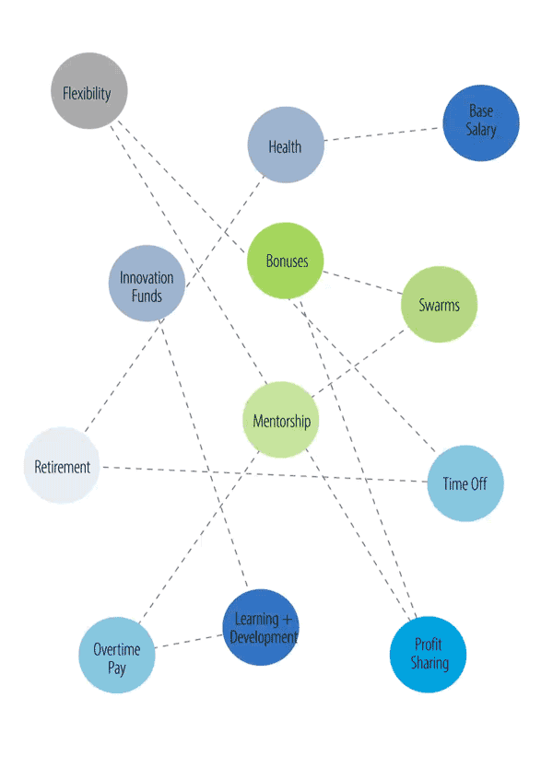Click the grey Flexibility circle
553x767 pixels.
pos(88,91)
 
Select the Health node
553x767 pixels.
pos(286,145)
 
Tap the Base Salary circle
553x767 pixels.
pos(480,122)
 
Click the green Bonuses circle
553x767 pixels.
pos(287,261)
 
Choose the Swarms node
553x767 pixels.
pos(439,305)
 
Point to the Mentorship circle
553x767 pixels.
pos(281,421)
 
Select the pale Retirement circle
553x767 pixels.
pos(62,466)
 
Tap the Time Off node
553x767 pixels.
pos(465,483)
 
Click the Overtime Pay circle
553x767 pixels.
pos(116,655)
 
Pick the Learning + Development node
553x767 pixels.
pos(262,627)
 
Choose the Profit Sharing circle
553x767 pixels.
pos(428,654)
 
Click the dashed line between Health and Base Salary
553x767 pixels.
pos(382,134)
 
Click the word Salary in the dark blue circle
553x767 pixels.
pos(480,131)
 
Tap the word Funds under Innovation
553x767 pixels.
pos(147,296)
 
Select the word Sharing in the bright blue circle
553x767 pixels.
pos(429,663)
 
